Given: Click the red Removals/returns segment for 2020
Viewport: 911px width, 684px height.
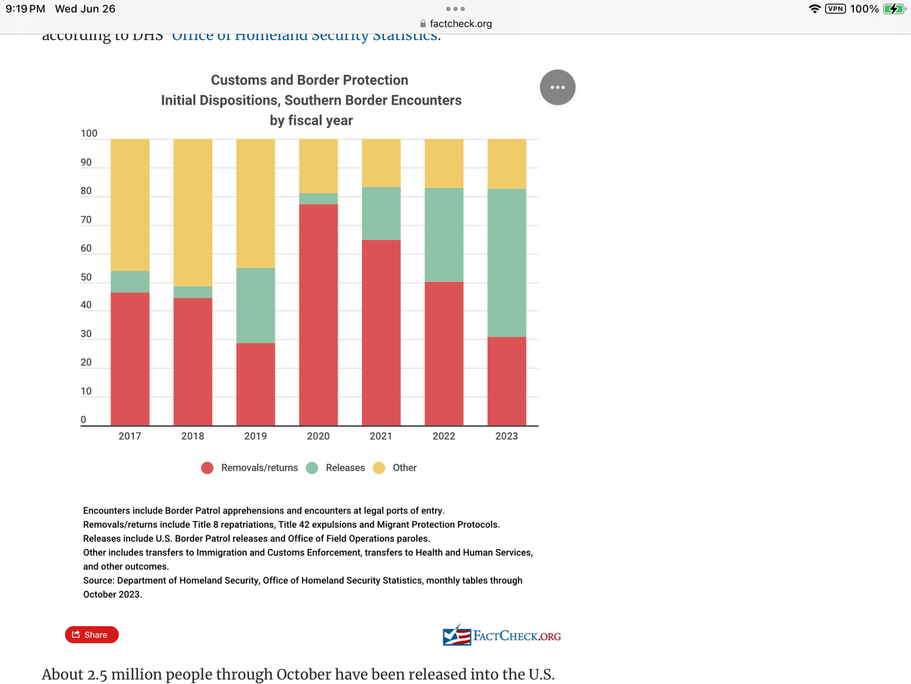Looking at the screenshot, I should pos(318,315).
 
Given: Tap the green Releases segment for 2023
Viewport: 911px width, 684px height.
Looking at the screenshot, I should pos(507,263).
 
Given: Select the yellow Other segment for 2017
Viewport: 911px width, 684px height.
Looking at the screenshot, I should pos(130,205).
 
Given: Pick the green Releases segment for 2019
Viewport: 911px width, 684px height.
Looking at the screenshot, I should pos(255,305).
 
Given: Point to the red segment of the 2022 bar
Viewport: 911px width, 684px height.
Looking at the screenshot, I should pos(444,353).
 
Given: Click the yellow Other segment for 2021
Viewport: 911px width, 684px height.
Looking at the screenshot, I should pos(381,163).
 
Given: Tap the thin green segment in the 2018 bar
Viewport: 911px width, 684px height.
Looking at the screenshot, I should pos(193,292).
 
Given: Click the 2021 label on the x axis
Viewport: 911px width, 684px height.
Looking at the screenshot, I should pos(381,436).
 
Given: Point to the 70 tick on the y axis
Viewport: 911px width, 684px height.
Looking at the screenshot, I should pos(86,220).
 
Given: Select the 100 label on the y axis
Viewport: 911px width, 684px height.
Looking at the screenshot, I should pos(89,133).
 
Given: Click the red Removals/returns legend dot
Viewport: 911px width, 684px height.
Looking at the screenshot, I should pos(207,468).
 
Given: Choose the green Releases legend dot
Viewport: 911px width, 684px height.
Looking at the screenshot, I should pos(312,468).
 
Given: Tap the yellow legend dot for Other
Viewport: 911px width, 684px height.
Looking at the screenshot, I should pos(379,468).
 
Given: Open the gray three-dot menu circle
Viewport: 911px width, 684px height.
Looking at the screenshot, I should pos(558,87).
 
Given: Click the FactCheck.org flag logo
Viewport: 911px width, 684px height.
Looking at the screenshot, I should pos(456,635).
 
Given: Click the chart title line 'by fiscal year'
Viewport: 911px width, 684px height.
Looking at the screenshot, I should pos(311,120).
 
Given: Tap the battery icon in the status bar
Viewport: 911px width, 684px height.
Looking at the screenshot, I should pos(894,9).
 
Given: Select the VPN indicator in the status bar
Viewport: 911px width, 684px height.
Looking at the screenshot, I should pos(835,9).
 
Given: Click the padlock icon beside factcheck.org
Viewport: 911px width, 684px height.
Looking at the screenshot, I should pos(423,24).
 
